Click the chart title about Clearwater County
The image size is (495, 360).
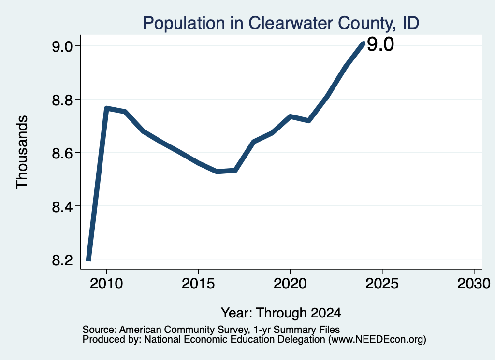(x=281, y=23)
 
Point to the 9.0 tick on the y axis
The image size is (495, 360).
(x=62, y=46)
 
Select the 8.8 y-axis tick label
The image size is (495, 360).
(x=62, y=100)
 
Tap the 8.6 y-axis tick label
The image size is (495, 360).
(x=62, y=153)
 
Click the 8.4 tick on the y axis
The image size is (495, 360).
(x=62, y=206)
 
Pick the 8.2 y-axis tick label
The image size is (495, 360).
(x=62, y=259)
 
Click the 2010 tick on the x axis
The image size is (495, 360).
(x=106, y=284)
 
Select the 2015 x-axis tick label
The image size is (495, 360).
(x=198, y=284)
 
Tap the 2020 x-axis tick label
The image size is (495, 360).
(x=290, y=284)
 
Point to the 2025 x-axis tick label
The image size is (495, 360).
(x=382, y=284)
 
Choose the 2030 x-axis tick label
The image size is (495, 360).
(x=474, y=284)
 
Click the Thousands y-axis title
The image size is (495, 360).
(x=22, y=152)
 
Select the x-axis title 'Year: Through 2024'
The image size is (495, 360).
(x=281, y=313)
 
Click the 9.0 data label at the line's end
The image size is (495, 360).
(x=380, y=44)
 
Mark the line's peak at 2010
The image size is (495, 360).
(x=106, y=108)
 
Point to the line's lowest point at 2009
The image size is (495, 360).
(x=88, y=259)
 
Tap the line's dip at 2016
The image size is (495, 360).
(x=217, y=172)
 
